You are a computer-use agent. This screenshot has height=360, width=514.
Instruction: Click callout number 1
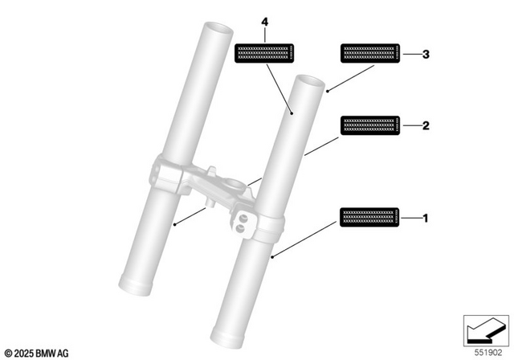tap(426, 218)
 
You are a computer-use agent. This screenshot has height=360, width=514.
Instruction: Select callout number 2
tap(426, 125)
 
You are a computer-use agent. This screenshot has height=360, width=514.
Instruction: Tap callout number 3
tap(426, 54)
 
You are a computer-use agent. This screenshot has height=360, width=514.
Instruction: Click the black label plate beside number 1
tap(369, 218)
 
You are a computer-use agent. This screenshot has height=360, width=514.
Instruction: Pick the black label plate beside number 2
tap(369, 125)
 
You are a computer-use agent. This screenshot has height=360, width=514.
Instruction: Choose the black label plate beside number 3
tap(369, 54)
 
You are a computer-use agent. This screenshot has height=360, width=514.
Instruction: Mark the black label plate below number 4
tap(264, 54)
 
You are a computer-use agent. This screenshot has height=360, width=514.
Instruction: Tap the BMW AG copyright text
tap(37, 353)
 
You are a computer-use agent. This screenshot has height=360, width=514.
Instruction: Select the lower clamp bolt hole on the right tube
tap(240, 228)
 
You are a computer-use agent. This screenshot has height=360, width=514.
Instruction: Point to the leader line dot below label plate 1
tap(273, 257)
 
